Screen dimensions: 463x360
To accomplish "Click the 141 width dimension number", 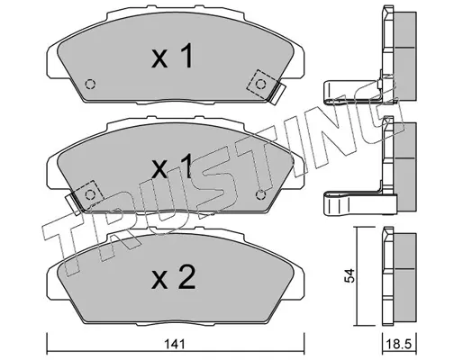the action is [x=175, y=345].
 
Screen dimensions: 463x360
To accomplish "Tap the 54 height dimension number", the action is [x=350, y=276].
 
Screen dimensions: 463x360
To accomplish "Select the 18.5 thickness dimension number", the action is [x=398, y=345].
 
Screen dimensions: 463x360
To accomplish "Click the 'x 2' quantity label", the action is [x=174, y=277].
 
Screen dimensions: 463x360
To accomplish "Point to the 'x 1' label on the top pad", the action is [x=172, y=56].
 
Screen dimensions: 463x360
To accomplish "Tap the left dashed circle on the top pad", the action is [x=90, y=85].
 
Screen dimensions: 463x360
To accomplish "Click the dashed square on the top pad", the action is [x=260, y=85].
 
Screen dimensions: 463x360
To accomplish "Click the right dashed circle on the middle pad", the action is [x=260, y=195].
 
